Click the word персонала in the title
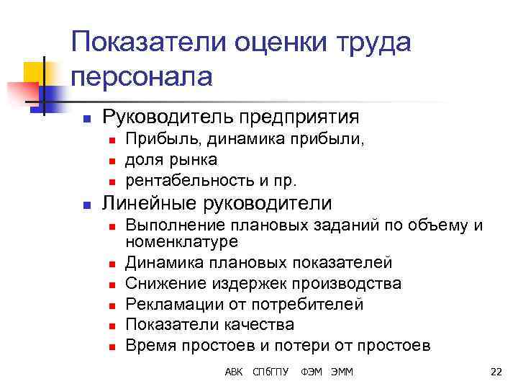pyautogui.click(x=142, y=76)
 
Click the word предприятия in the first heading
pyautogui.click(x=303, y=116)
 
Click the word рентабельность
pyautogui.click(x=185, y=178)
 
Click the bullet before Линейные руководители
pyautogui.click(x=86, y=204)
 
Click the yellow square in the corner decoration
pyautogui.click(x=35, y=71)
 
